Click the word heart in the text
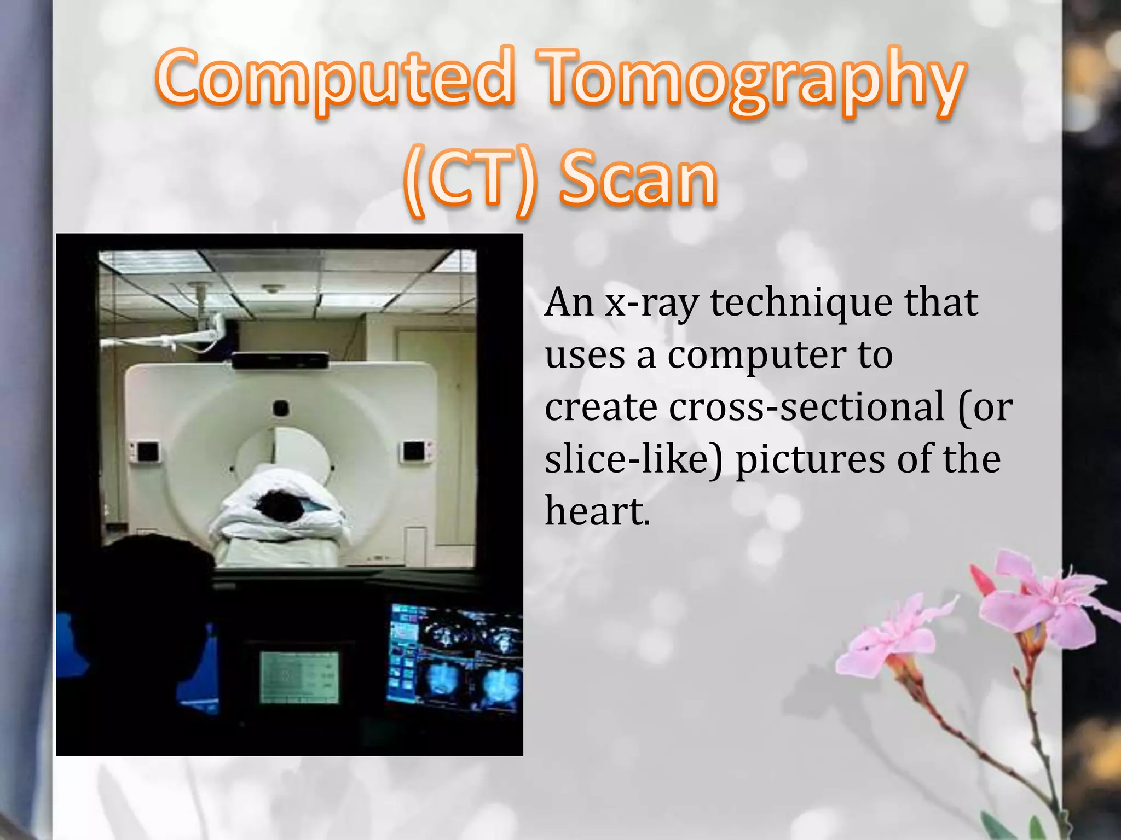[x=594, y=511]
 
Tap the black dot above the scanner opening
[x=281, y=407]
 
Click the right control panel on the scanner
[x=415, y=451]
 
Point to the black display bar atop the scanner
[x=280, y=361]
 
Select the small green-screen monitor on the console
[x=299, y=677]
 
